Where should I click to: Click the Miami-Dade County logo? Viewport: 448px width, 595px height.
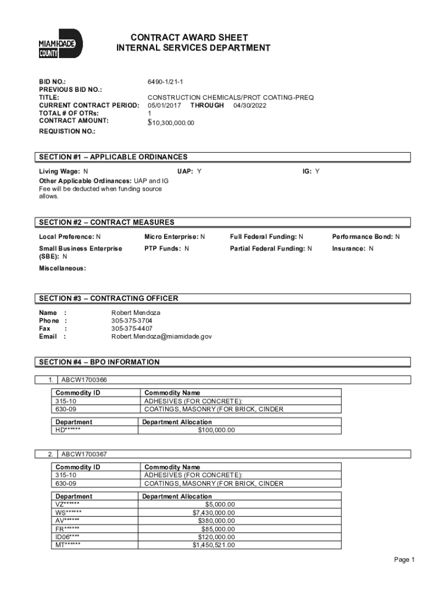coord(61,44)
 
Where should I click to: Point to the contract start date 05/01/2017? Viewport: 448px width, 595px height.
coord(165,106)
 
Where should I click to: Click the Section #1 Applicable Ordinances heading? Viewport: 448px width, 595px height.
coord(113,157)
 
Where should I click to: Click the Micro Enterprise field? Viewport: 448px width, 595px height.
coord(175,237)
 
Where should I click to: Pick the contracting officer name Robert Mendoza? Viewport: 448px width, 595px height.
coord(136,313)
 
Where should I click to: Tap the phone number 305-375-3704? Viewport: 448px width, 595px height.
coord(132,320)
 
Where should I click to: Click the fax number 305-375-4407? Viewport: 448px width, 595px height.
coord(132,328)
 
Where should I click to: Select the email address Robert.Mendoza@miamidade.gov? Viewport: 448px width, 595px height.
coord(162,336)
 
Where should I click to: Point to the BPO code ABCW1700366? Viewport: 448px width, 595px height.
coord(84,380)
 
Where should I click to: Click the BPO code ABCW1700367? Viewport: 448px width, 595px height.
coord(84,454)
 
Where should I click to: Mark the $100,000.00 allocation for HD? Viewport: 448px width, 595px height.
coord(216,431)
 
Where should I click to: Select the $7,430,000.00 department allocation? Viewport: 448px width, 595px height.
coord(214,512)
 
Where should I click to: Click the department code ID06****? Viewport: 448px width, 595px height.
coord(67,537)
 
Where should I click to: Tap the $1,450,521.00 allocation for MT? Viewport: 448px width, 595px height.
coord(214,545)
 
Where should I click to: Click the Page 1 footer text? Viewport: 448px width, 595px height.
coord(404,560)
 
